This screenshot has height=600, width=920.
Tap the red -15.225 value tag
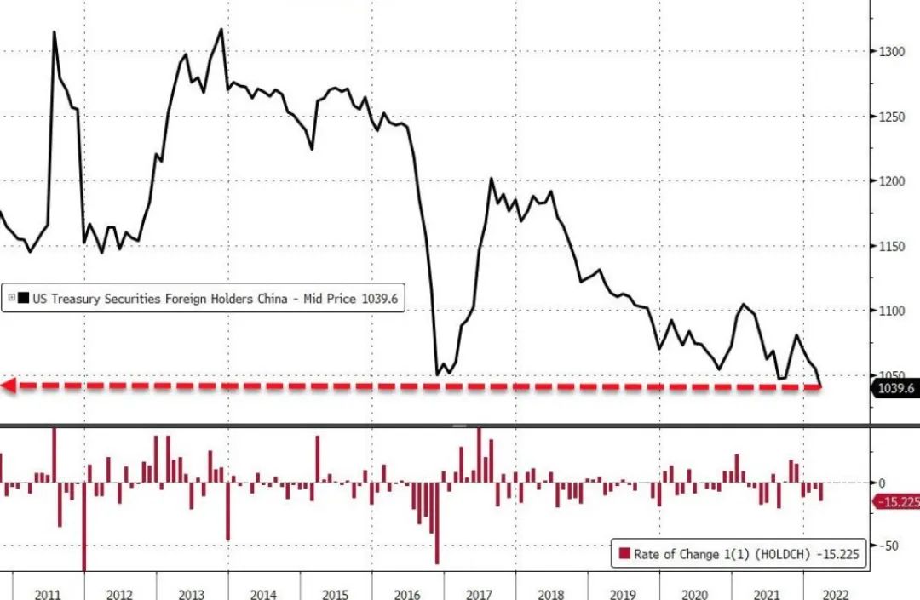[897, 502]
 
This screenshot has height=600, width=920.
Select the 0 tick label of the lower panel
[882, 483]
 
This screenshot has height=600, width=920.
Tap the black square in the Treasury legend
[24, 298]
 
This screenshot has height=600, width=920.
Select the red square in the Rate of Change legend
[624, 555]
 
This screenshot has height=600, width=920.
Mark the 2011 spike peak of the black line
[54, 32]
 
